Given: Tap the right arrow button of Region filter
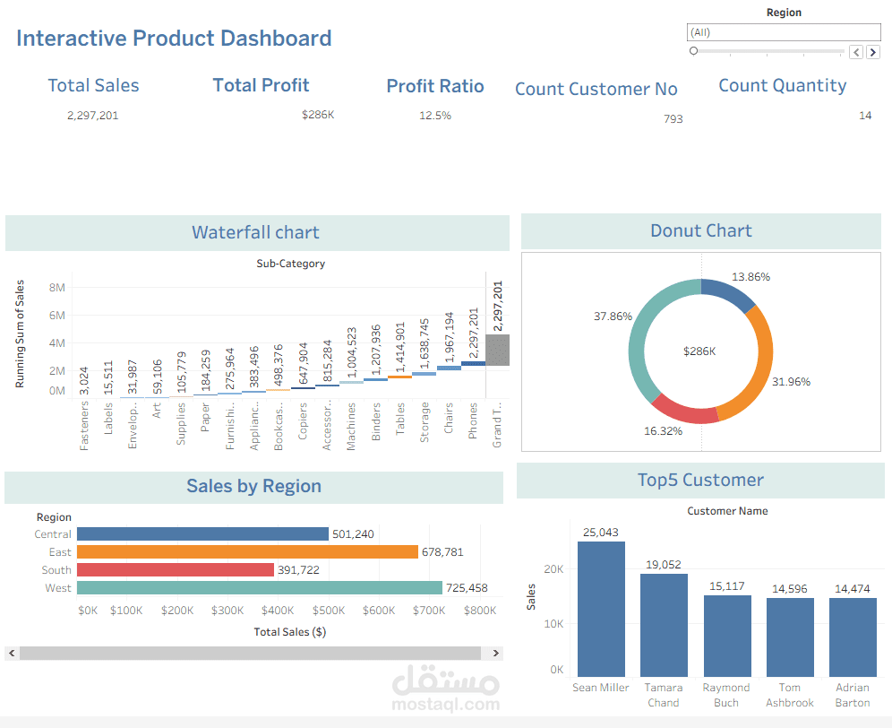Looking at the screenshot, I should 872,52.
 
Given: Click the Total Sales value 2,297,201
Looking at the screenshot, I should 92,116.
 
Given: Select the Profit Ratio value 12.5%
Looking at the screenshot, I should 435,116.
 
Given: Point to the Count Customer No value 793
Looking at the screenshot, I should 673,119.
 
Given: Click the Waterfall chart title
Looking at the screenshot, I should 255,232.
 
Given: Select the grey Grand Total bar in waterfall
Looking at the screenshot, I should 497,350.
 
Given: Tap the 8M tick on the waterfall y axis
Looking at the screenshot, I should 57,288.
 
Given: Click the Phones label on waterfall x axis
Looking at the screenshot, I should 472,420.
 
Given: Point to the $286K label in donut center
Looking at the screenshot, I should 699,351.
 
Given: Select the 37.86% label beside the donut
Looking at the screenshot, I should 613,316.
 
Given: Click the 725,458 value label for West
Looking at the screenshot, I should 473,588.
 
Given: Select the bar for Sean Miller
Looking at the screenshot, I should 601,610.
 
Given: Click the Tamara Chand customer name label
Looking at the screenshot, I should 664,695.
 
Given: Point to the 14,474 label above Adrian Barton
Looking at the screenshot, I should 853,589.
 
